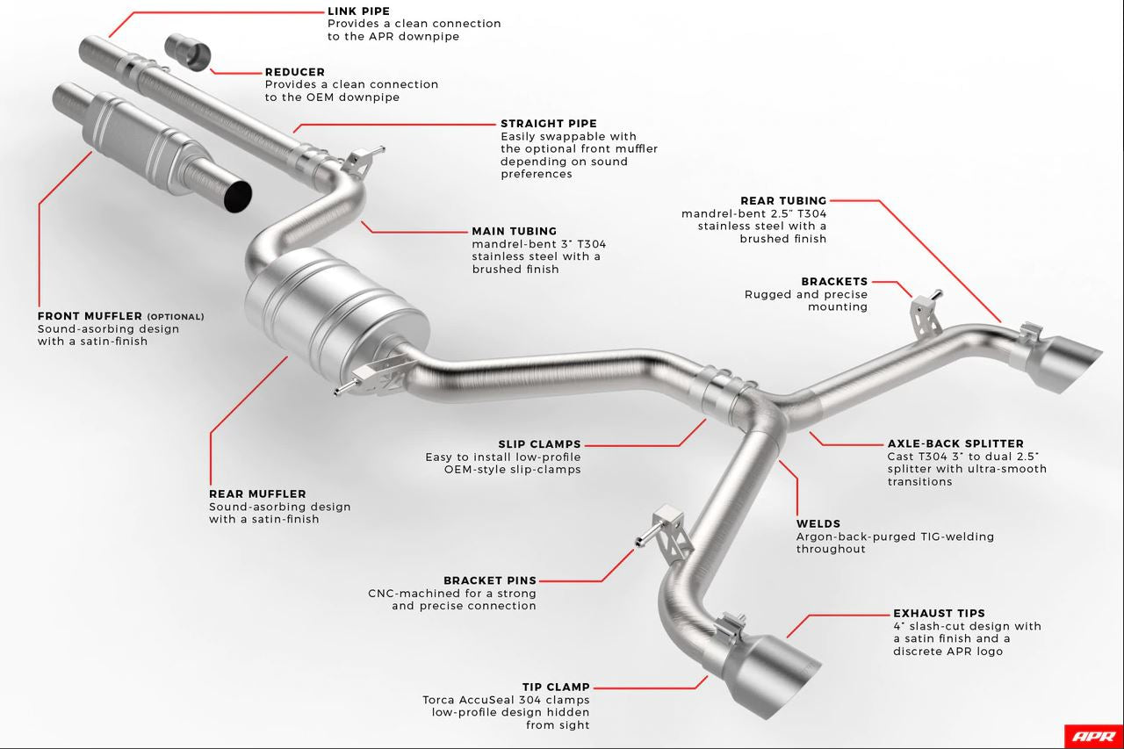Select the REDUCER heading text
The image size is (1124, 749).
point(295,72)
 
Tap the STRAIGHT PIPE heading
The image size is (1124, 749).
point(549,124)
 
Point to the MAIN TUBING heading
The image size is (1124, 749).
point(515,232)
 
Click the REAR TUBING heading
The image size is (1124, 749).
point(783,201)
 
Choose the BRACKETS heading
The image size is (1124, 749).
point(834,282)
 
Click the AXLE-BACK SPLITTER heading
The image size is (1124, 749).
point(955,444)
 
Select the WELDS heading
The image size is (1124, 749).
point(818,524)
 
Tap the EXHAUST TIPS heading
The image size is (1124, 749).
point(939,614)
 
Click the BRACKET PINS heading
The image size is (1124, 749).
point(490,580)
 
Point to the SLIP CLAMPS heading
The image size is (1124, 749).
point(539,444)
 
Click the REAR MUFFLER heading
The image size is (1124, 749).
point(257,494)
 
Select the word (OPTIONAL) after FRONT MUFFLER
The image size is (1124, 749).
point(175,317)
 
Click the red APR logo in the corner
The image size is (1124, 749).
point(1092,736)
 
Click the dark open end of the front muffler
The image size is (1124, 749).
point(237,195)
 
